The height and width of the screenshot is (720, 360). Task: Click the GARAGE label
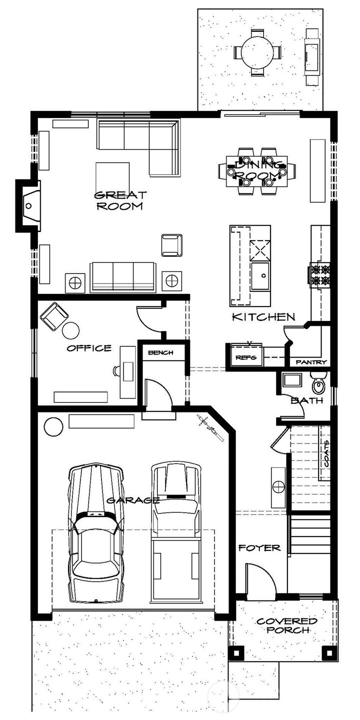tap(132, 500)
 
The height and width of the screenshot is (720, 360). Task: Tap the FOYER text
tap(259, 547)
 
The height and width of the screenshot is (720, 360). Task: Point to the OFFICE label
tap(89, 348)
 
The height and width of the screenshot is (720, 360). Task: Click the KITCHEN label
tap(263, 317)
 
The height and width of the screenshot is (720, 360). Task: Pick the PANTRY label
tap(311, 362)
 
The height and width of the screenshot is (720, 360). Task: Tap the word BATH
tap(307, 400)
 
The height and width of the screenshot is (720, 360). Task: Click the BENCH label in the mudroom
tap(160, 352)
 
